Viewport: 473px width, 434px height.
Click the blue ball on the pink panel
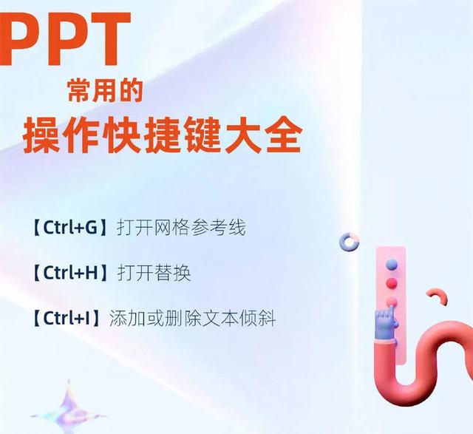[392, 264]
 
